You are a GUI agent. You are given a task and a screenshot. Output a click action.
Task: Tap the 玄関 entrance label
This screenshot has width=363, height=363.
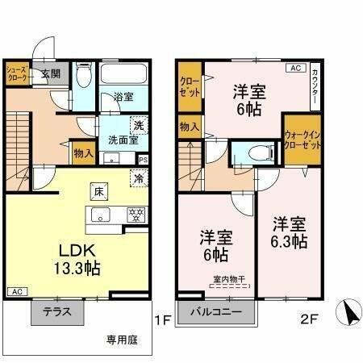click(x=51, y=73)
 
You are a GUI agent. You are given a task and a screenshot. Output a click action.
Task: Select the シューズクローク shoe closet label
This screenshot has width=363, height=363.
click(x=19, y=74)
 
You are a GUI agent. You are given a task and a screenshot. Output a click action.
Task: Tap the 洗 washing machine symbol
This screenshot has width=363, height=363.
click(x=138, y=125)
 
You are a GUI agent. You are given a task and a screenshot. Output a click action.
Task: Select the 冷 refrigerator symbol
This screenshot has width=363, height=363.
click(x=138, y=179)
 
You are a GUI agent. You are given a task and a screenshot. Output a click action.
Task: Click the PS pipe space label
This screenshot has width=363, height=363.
click(x=142, y=159)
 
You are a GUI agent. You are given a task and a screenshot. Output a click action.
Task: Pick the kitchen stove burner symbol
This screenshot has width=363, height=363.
click(x=136, y=215)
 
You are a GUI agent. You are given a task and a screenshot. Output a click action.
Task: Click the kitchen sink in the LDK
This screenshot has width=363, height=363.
click(x=102, y=215)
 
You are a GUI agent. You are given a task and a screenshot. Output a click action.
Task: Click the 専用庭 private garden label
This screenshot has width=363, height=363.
click(x=120, y=340)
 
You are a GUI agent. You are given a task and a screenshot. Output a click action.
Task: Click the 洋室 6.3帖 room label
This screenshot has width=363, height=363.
click(x=288, y=232)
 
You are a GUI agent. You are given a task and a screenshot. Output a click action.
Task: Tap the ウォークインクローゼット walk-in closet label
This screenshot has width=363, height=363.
click(x=302, y=141)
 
